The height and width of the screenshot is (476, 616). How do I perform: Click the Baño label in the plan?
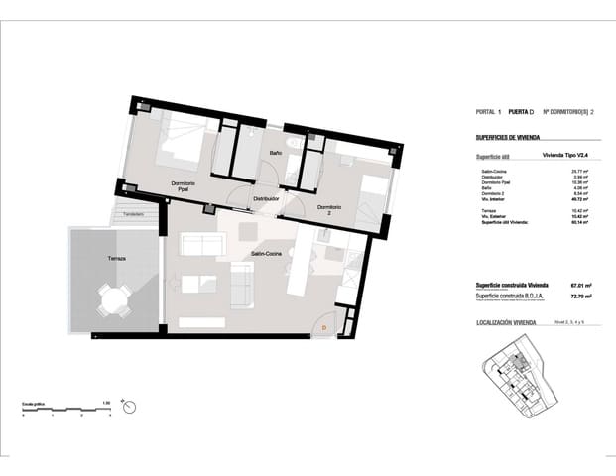277,153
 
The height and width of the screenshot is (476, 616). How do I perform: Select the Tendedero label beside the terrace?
134,214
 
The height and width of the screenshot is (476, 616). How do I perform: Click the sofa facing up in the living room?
202,245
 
